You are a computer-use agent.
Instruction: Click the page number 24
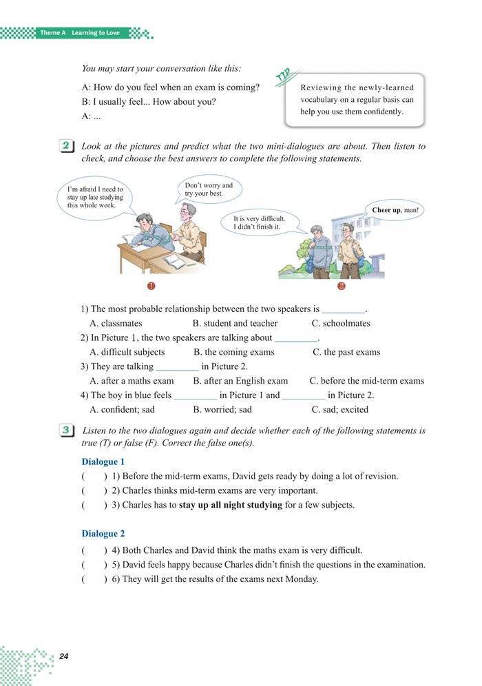click(64, 656)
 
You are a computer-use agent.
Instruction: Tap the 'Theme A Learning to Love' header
click(79, 32)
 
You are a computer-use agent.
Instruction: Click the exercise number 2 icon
click(67, 147)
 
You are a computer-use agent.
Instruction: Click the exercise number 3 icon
click(67, 431)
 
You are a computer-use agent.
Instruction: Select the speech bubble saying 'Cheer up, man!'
click(395, 210)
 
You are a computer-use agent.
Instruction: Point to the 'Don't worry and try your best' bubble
click(209, 189)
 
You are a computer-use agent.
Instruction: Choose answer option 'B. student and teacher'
click(235, 323)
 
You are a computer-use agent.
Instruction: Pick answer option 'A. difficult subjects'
click(127, 352)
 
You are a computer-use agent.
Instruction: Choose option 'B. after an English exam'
click(240, 381)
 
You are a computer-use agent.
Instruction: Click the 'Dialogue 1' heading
click(103, 461)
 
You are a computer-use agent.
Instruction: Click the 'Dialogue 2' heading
click(103, 534)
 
